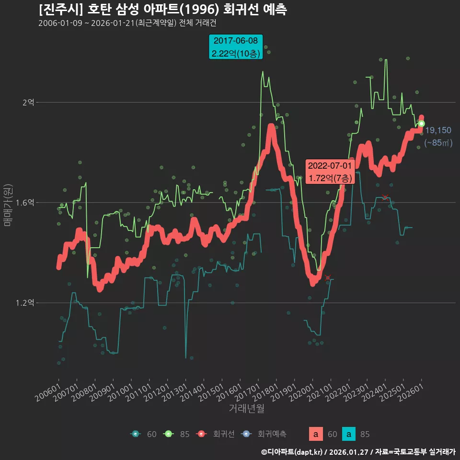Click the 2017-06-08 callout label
[236, 47]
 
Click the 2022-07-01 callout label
[330, 172]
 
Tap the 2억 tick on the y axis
[28, 103]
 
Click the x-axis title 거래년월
[246, 409]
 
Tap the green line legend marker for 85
[168, 434]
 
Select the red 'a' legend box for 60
[315, 434]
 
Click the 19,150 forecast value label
[438, 130]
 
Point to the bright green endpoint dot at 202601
[422, 124]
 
